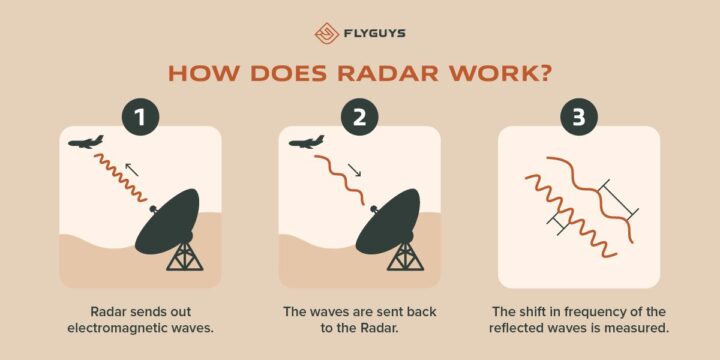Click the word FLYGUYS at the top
click(373, 31)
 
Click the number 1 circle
click(141, 118)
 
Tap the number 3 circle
click(579, 118)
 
